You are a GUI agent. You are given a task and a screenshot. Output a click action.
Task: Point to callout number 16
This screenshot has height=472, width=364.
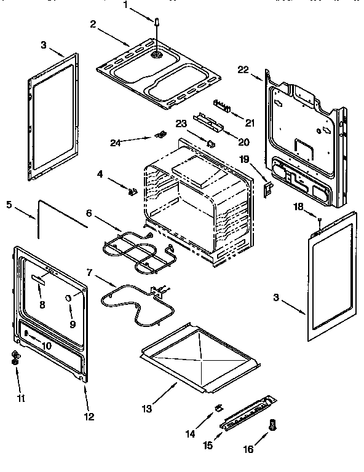(248, 450)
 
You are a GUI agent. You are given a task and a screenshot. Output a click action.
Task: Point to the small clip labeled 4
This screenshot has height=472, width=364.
(131, 191)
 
